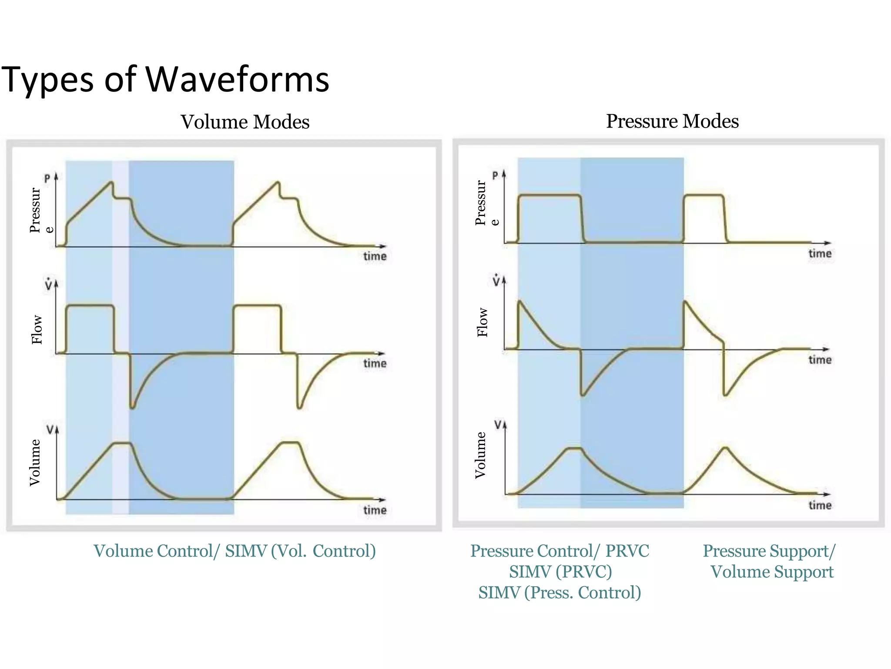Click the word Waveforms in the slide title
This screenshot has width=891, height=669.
pos(237,79)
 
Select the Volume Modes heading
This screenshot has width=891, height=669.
pos(245,122)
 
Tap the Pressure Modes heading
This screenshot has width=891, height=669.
pos(672,121)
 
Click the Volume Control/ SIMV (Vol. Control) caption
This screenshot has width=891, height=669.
pos(234,551)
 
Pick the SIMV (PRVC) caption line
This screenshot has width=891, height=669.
pos(560,571)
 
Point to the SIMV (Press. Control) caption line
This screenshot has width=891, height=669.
pos(559,592)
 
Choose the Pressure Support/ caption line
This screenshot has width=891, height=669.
pos(769,551)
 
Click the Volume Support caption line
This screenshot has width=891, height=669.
pos(772,572)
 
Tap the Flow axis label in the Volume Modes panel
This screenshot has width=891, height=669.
pos(37,330)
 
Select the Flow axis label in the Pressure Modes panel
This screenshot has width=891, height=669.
pos(482,322)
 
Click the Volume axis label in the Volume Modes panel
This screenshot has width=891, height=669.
pos(35,463)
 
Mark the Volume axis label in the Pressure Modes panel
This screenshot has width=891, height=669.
pos(480,455)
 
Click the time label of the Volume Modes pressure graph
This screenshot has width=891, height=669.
pos(375,256)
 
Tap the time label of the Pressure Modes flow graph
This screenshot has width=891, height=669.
pos(820,360)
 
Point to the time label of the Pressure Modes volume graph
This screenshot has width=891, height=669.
pos(820,505)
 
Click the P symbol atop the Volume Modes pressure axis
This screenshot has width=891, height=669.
pos(47,179)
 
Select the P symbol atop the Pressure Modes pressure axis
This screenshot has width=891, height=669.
pos(495,176)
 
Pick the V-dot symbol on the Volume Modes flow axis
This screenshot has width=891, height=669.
pos(48,285)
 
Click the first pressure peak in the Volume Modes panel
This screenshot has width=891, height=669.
pos(111,182)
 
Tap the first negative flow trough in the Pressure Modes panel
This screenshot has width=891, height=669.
pos(583,395)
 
